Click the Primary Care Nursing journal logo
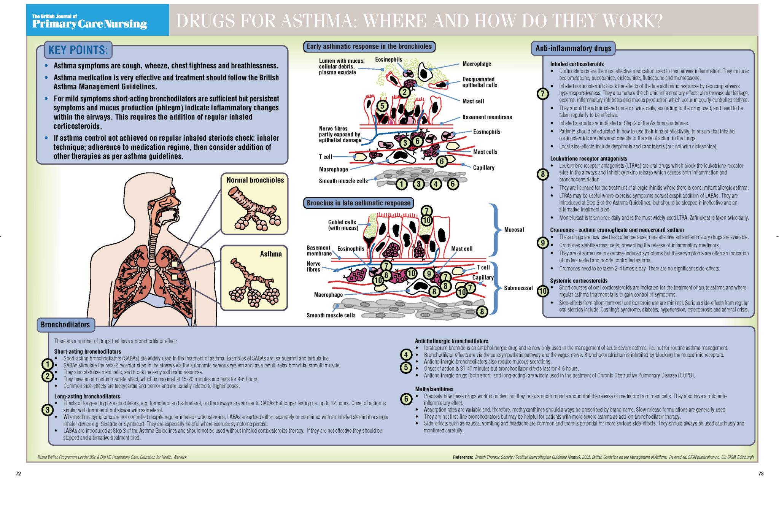89,22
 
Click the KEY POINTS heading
78,50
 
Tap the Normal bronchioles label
255,180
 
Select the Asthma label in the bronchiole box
270,254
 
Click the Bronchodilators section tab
65,325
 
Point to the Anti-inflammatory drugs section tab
573,49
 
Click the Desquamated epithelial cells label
479,82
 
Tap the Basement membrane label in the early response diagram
487,117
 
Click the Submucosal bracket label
518,288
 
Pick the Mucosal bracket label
514,230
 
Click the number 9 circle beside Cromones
543,243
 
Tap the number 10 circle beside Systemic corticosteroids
543,291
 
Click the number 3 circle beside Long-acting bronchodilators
48,410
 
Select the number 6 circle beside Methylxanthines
406,399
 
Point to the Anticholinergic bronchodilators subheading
451,341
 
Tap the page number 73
761,474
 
